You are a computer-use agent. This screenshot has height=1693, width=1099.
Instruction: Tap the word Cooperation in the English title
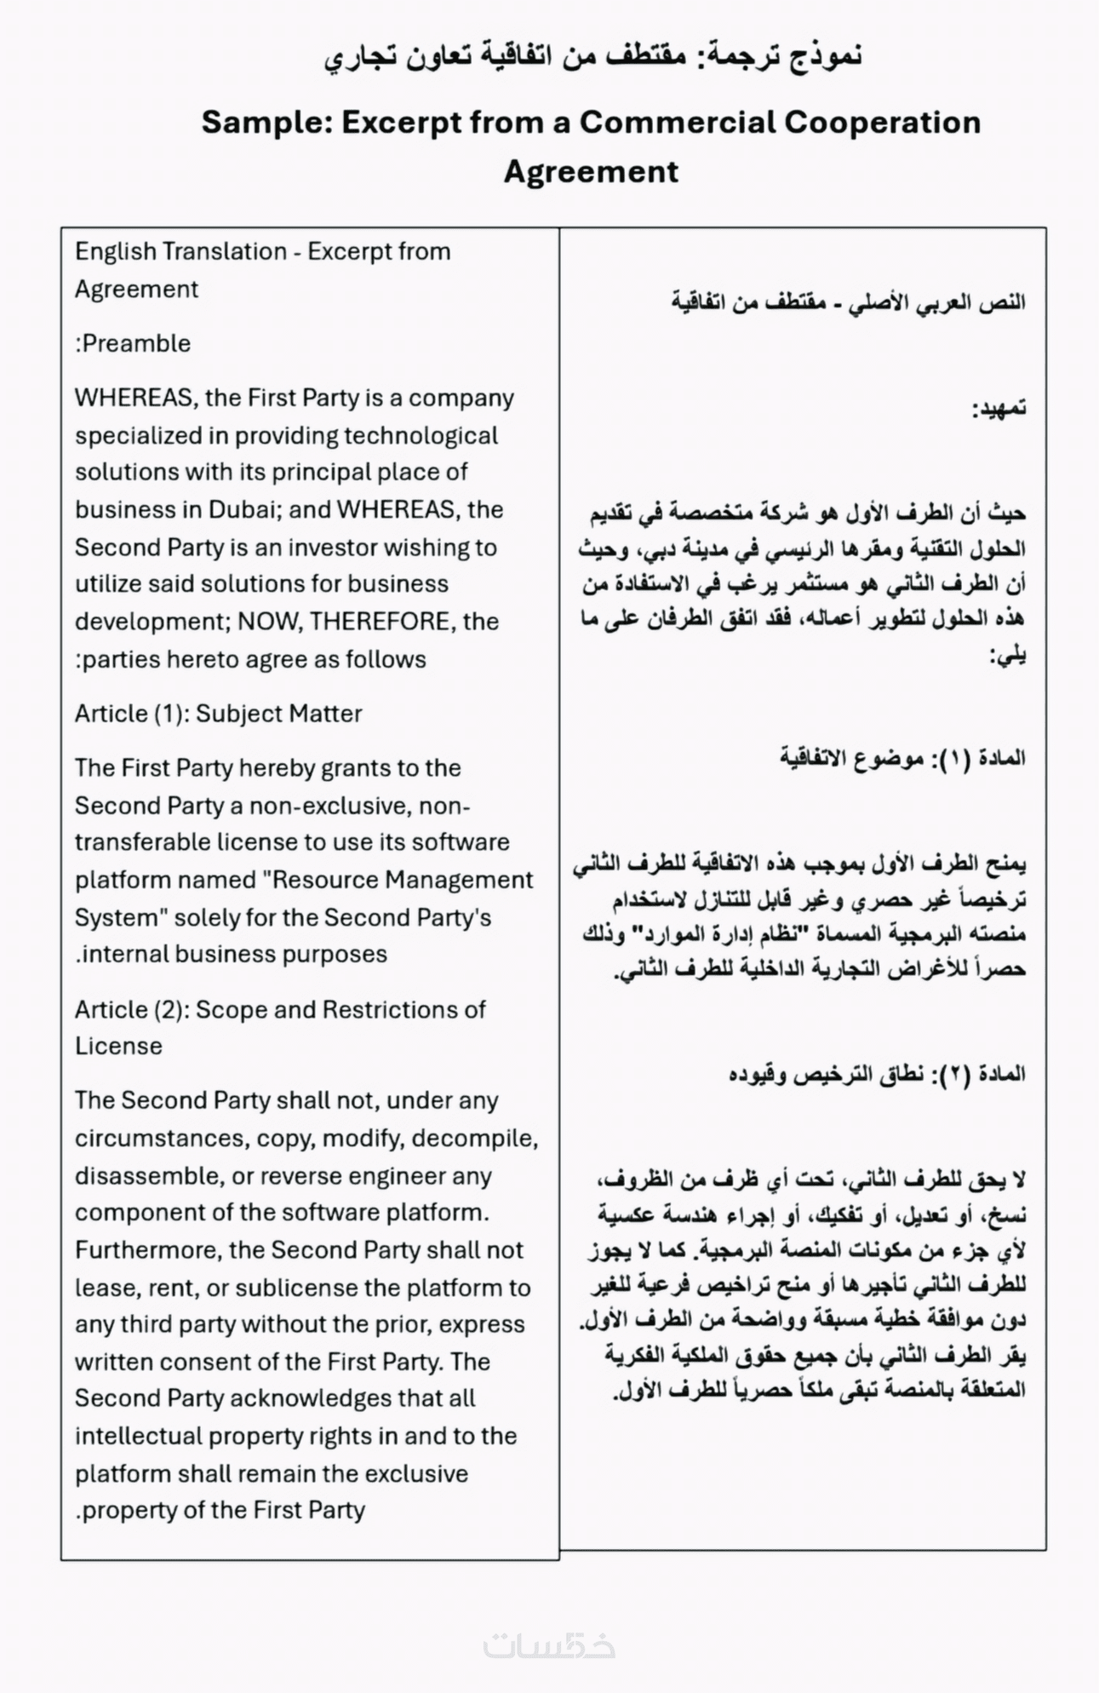pos(882,123)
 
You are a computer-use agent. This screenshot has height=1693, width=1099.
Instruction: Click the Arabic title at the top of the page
pos(592,58)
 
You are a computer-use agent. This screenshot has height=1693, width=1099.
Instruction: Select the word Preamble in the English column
pos(136,344)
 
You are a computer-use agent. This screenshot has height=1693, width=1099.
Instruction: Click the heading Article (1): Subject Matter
pos(218,714)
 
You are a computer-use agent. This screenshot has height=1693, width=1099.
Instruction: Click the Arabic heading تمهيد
pos(999,409)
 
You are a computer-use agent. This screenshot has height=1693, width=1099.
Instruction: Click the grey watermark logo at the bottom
pos(549,1644)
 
